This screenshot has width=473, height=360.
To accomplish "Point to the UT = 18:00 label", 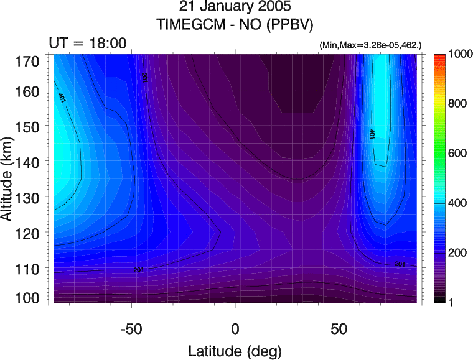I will point(88,43).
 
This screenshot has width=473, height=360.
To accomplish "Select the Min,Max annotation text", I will point(370,45).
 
